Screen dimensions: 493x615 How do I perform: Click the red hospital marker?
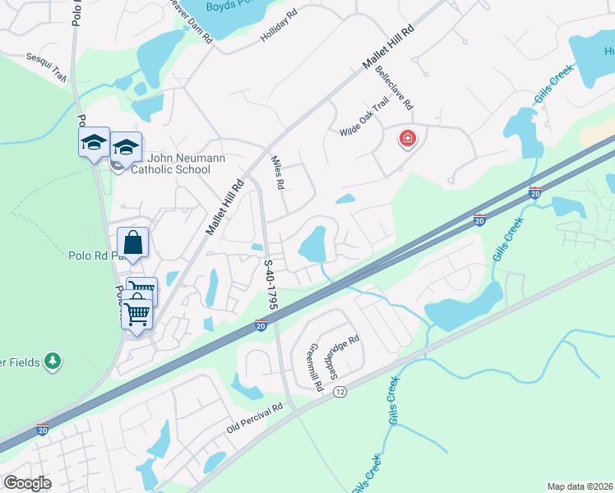coord(406,138)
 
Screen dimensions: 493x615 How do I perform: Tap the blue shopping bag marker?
coord(132,242)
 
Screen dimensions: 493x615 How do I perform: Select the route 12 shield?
coord(340,393)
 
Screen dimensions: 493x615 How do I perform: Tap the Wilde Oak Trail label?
coord(363,119)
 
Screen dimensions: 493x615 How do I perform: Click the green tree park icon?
coord(53,361)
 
